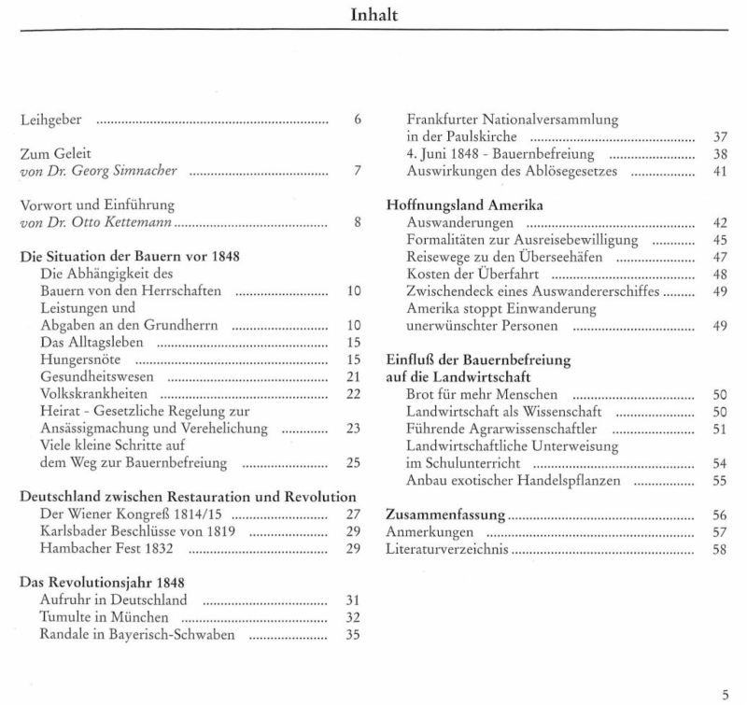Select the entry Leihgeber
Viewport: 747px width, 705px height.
point(52,120)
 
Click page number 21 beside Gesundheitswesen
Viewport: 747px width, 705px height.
point(353,376)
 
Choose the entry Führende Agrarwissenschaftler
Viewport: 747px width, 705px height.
point(502,429)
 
